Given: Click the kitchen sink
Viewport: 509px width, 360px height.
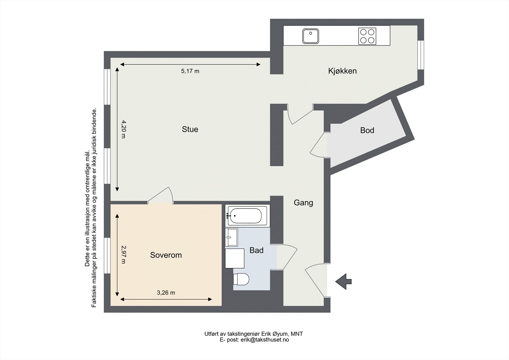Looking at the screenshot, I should [x=310, y=36].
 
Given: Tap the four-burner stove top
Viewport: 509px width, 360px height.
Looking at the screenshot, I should [x=367, y=36].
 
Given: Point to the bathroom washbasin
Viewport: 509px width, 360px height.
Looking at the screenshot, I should [x=231, y=237].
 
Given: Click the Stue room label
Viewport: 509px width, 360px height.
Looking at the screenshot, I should [x=190, y=129].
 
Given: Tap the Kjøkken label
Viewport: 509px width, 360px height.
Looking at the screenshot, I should [x=342, y=71].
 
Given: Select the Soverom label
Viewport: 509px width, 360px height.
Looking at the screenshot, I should [x=166, y=255].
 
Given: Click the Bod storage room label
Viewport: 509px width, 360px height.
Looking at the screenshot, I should [x=367, y=130].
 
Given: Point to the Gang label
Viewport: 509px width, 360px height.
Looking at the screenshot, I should [x=303, y=203].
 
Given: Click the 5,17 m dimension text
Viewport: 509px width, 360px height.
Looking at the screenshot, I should [x=190, y=71].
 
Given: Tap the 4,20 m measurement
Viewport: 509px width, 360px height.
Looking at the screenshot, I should [x=124, y=129].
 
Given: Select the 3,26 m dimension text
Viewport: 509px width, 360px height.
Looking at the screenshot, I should [x=166, y=293].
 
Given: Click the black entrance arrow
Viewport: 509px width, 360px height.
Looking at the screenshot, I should [x=343, y=281].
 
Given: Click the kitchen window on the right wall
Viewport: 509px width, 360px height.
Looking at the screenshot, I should [x=421, y=55].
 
